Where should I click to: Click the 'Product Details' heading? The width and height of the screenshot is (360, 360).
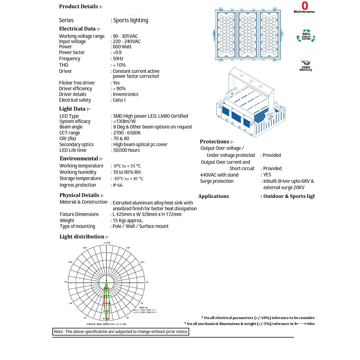pos(81,7)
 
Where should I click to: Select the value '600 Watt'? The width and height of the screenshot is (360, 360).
pos(122,47)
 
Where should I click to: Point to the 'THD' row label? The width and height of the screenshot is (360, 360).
pos(63,65)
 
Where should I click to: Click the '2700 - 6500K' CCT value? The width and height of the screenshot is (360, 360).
pos(127,133)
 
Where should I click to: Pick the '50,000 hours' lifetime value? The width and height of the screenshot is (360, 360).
pos(126,150)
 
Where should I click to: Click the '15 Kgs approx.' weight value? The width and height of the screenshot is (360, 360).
pos(128,221)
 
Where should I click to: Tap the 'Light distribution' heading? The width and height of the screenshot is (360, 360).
pos(84,237)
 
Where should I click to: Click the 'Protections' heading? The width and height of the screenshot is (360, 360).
pos(217,142)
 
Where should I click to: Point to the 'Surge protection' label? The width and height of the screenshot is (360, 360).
pos(217,181)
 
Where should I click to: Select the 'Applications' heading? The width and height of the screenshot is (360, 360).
pos(213,196)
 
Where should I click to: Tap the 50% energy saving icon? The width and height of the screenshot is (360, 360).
pos(306,36)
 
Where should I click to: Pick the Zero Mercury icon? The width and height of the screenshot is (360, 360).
pos(306,65)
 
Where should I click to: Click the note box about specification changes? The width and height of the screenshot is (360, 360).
pos(121,332)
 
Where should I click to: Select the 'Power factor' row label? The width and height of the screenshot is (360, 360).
pos(72,52)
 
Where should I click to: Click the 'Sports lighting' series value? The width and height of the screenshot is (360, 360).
pos(131,20)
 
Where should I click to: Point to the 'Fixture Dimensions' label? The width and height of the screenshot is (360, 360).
pos(79,214)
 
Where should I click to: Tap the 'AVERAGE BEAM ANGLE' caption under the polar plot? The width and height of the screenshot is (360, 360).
pos(106,324)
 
